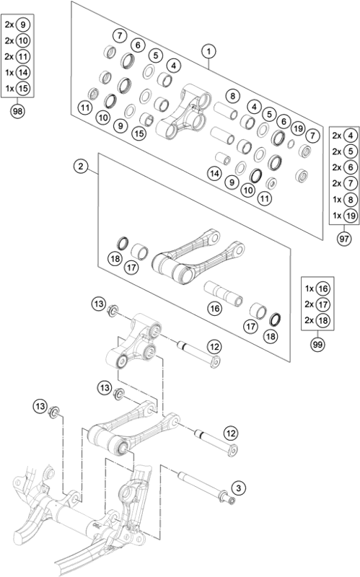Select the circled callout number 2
click(x=81, y=168)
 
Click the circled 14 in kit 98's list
click(x=23, y=72)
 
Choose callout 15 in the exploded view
click(x=139, y=133)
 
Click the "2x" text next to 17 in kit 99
click(x=307, y=304)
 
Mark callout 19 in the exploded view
click(x=296, y=128)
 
